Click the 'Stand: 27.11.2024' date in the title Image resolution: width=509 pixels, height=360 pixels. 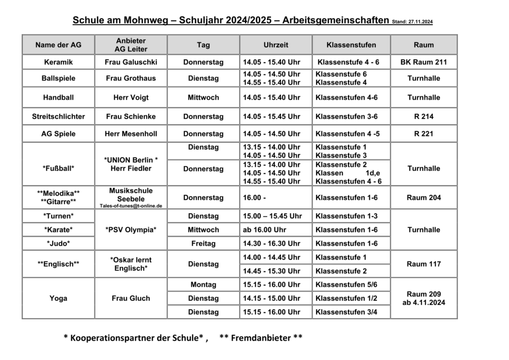pyautogui.click(x=412, y=22)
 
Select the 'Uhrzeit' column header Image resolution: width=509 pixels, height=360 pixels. pyautogui.click(x=276, y=45)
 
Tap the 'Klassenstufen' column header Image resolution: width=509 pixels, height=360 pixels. pyautogui.click(x=351, y=45)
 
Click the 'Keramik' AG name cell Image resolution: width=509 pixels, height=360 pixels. pyautogui.click(x=58, y=62)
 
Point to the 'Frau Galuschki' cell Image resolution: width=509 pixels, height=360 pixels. pyautogui.click(x=131, y=62)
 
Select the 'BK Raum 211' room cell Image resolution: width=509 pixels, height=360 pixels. pyautogui.click(x=424, y=62)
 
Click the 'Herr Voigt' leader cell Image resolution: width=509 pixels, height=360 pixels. pyautogui.click(x=131, y=97)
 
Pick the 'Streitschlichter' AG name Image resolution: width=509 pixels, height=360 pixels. pyautogui.click(x=58, y=116)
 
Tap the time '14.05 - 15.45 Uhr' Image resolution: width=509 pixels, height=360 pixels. pyautogui.click(x=271, y=116)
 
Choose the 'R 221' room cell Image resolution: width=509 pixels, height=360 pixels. pyautogui.click(x=424, y=134)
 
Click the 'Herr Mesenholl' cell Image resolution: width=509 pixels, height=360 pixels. pyautogui.click(x=131, y=134)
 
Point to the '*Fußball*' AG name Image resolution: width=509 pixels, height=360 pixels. pyautogui.click(x=58, y=169)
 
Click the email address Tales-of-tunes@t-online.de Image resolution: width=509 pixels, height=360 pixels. pyautogui.click(x=131, y=205)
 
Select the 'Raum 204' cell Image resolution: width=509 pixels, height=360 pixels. pyautogui.click(x=424, y=197)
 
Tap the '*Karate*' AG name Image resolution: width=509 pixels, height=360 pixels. pyautogui.click(x=58, y=230)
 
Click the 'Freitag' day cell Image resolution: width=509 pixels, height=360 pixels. pyautogui.click(x=203, y=244)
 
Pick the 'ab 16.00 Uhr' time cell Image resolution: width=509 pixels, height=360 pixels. pyautogui.click(x=264, y=230)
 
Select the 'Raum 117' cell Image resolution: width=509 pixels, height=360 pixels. pyautogui.click(x=424, y=264)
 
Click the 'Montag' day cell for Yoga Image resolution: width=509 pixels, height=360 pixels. pyautogui.click(x=203, y=284)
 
